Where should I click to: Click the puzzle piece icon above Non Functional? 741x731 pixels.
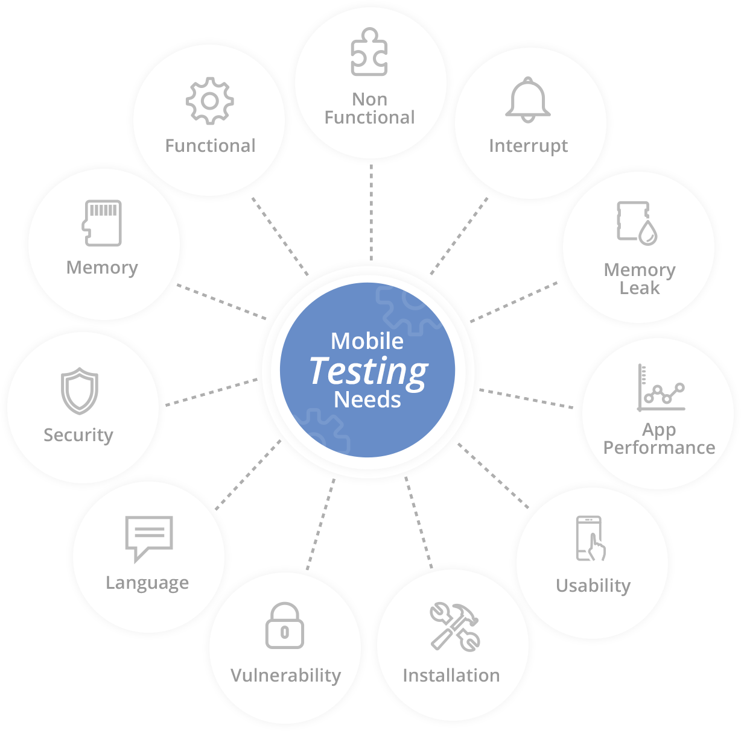[369, 52]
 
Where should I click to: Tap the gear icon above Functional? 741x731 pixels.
[209, 101]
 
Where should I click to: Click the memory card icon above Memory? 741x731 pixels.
[103, 223]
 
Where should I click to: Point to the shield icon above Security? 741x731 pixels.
[79, 391]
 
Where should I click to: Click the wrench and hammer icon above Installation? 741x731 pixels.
[454, 627]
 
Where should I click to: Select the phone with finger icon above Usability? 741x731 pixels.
[591, 538]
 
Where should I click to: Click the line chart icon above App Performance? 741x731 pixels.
[661, 389]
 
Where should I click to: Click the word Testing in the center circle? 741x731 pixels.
[369, 371]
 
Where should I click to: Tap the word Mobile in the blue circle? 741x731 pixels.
[367, 341]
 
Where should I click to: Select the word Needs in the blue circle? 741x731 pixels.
[367, 400]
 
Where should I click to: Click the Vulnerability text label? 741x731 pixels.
[285, 676]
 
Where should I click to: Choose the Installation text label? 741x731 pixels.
[451, 676]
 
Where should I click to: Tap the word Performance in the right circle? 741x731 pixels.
[659, 448]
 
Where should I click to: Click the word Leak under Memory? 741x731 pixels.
[640, 288]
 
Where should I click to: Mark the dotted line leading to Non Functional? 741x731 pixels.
[371, 211]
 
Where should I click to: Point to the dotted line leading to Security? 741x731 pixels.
[211, 392]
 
